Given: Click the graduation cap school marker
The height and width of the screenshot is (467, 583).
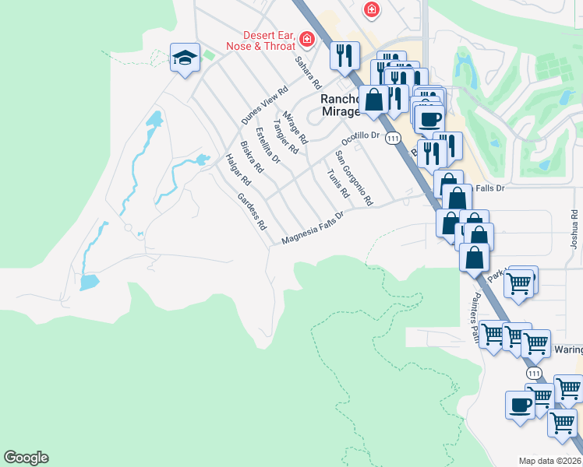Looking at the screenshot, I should (x=185, y=58).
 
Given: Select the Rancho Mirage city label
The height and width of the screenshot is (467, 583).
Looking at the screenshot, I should (x=341, y=105).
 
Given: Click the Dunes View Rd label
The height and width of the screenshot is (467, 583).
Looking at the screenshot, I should (x=260, y=108).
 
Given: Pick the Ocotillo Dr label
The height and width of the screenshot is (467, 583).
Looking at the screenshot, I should (x=359, y=139).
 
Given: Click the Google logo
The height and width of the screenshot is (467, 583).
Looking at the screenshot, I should (x=26, y=458).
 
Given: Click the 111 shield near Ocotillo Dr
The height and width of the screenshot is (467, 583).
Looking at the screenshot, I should (x=393, y=138).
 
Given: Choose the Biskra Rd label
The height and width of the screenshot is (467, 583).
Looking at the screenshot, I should (x=252, y=157).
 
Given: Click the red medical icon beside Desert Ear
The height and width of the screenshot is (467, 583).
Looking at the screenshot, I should (x=307, y=38).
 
